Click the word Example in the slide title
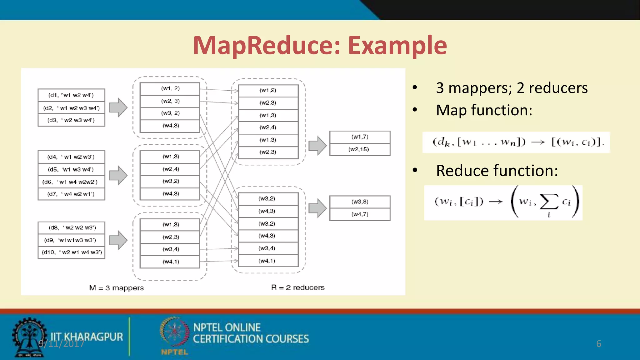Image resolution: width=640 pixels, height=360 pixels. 397,46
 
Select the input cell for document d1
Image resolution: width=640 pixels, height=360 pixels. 71,95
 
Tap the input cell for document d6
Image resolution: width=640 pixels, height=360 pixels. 71,182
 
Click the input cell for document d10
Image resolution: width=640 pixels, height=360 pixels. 71,252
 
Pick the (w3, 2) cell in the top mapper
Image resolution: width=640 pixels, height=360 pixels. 170,113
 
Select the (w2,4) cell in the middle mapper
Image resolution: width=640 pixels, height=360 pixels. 170,169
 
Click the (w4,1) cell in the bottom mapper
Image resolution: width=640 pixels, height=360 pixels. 170,262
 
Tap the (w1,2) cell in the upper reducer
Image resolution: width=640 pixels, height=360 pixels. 268,90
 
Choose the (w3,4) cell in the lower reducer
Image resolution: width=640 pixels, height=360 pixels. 268,248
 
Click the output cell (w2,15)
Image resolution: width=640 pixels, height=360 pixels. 359,149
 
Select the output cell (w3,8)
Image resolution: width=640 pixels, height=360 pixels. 359,202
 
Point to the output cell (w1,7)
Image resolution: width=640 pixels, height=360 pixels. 359,137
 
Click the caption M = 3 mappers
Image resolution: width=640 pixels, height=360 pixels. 116,288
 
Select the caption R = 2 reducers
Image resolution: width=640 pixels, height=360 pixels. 298,287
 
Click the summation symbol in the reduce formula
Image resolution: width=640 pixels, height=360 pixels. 549,202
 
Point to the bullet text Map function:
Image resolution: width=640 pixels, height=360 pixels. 484,110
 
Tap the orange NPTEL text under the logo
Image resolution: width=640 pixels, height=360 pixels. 174,352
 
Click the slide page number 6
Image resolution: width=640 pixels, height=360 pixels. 598,344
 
